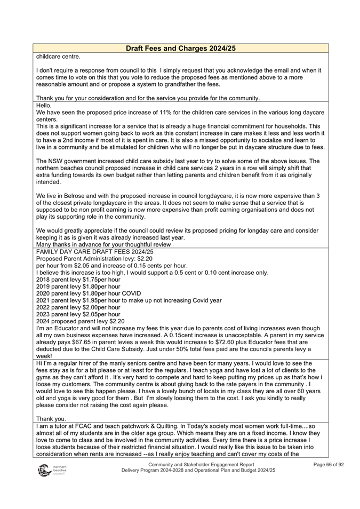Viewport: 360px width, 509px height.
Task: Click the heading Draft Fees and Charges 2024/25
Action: coord(180,49)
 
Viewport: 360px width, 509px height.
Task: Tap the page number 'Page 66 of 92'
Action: coord(328,465)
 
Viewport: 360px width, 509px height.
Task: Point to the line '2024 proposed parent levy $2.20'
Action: coord(80,321)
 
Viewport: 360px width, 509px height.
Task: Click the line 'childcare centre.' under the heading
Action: coord(58,56)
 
